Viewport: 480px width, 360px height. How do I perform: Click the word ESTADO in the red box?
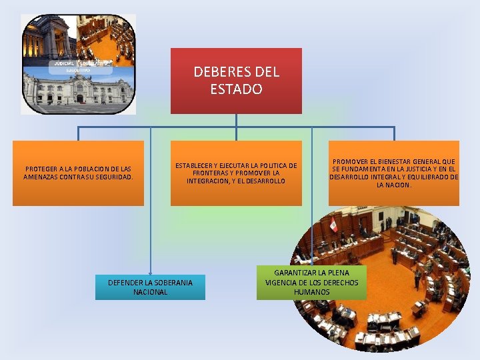click(237, 89)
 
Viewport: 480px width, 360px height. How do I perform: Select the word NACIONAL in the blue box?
click(150, 292)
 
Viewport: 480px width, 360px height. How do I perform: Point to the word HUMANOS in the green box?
click(311, 292)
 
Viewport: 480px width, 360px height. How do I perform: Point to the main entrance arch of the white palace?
click(79, 98)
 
